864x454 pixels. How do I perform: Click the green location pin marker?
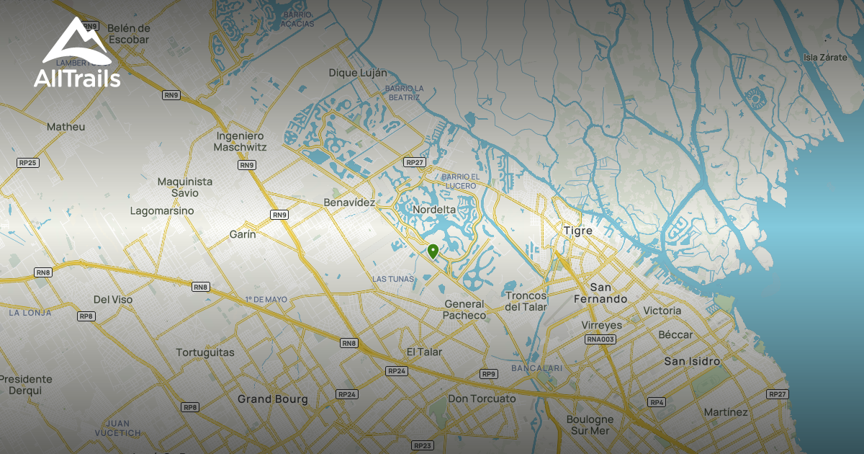[x=433, y=251]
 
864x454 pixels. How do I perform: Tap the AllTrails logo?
[x=77, y=53]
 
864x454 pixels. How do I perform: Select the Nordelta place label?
[x=435, y=210]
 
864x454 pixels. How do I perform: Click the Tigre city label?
[x=577, y=231]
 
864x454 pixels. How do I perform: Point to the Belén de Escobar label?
[x=127, y=34]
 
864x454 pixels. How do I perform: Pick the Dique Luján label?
[x=358, y=73]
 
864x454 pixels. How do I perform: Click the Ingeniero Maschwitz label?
[x=240, y=141]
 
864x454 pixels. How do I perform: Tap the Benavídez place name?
[x=349, y=202]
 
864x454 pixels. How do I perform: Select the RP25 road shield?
[x=27, y=163]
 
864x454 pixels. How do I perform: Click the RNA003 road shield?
[x=600, y=339]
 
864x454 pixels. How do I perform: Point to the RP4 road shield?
[x=656, y=401]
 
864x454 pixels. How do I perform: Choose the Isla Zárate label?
[x=825, y=57]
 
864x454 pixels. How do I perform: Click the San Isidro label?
[x=691, y=361]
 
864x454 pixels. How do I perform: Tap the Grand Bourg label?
[x=272, y=399]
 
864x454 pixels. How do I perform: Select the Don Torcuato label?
[x=482, y=399]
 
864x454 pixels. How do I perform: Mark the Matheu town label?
[x=66, y=127]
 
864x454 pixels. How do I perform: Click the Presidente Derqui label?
[x=26, y=385]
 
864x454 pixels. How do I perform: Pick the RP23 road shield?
[x=423, y=445]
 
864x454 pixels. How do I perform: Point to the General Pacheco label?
[x=464, y=310]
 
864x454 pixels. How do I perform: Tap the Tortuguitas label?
[x=205, y=352]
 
